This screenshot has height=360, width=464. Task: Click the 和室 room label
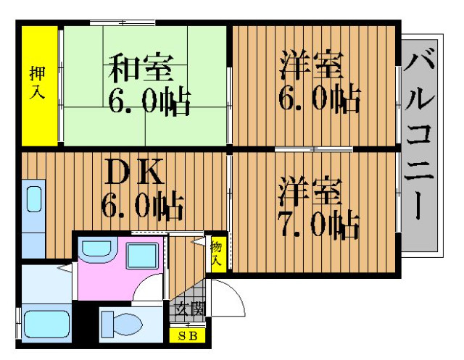(141, 67)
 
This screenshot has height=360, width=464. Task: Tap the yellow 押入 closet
(40, 85)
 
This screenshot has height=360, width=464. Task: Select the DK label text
(133, 172)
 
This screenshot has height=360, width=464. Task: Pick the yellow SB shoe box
(187, 336)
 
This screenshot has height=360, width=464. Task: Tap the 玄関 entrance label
(189, 309)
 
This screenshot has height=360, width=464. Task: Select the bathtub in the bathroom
(46, 325)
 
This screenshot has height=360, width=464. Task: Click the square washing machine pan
(142, 256)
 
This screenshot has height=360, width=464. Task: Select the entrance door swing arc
(231, 294)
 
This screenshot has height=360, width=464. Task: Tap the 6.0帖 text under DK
(142, 206)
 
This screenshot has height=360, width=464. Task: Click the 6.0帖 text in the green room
(149, 100)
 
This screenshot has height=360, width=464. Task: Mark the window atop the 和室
(123, 22)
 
